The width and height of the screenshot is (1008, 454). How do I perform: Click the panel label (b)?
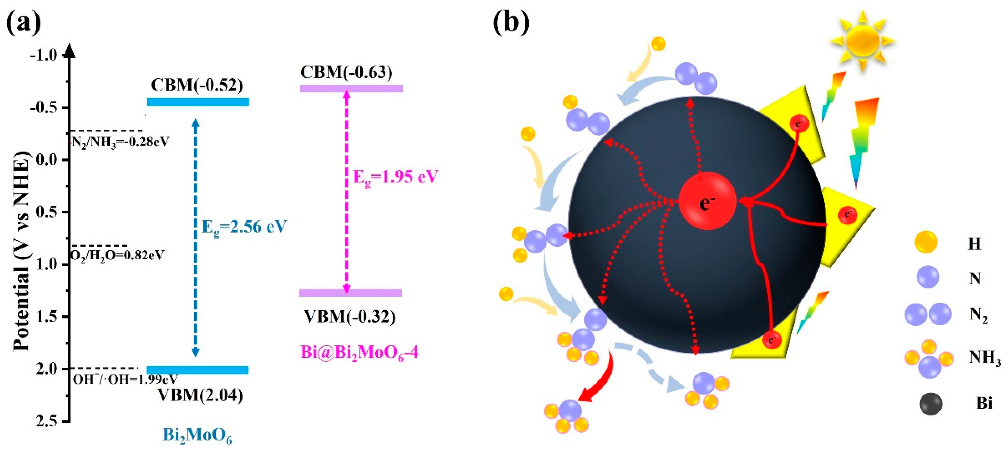pyautogui.click(x=511, y=23)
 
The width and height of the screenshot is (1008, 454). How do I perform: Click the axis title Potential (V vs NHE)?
pyautogui.click(x=21, y=250)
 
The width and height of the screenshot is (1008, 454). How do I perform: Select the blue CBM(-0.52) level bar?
pyautogui.click(x=198, y=102)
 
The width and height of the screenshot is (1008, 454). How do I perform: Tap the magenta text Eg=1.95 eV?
pyautogui.click(x=395, y=177)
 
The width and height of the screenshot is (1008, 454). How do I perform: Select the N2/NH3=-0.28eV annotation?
pyautogui.click(x=120, y=141)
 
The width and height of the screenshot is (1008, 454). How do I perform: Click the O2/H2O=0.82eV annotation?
pyautogui.click(x=117, y=255)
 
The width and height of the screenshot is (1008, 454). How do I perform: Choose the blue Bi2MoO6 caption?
pyautogui.click(x=197, y=436)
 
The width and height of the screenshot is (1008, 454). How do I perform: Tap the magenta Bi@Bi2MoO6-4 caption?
pyautogui.click(x=359, y=352)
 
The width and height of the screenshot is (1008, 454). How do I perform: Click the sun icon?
pyautogui.click(x=863, y=40)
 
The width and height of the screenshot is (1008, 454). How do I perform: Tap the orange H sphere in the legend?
pyautogui.click(x=926, y=242)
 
